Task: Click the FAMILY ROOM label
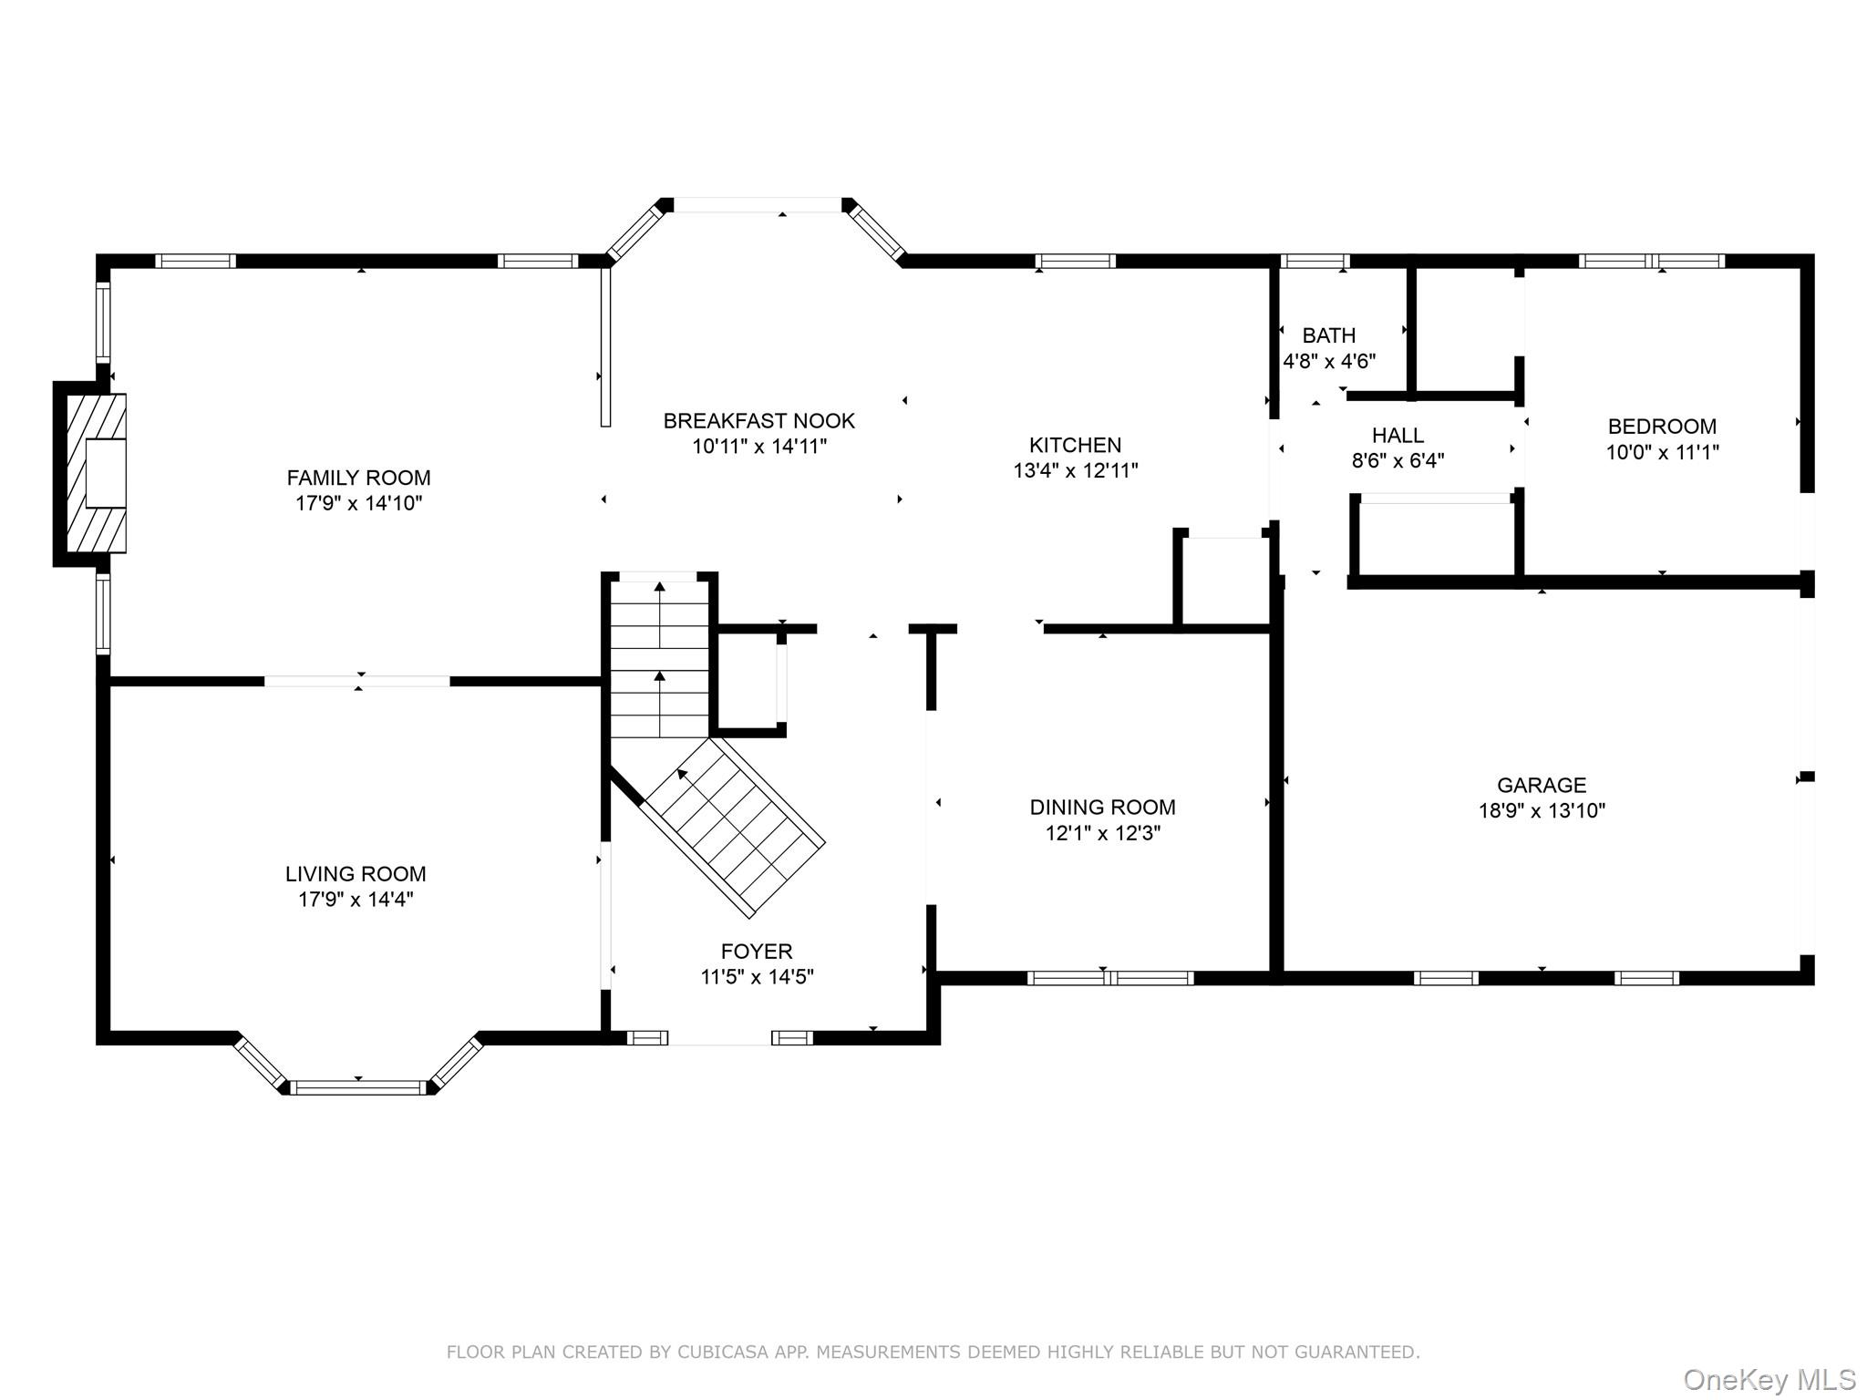358,478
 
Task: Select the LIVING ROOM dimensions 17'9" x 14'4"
356,900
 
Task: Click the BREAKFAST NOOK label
758,421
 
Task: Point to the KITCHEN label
1075,445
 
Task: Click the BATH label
1328,335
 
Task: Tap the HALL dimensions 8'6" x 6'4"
1398,461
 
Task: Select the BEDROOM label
1662,427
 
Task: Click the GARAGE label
1542,785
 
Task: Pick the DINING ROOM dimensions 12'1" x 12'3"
1102,833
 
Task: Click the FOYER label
757,952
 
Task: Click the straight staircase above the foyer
659,656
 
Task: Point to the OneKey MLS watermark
1769,1379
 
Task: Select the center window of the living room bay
358,1086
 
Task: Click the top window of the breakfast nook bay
757,206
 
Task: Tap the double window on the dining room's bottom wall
1110,978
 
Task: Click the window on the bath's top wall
1315,262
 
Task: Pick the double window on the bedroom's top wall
1651,262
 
